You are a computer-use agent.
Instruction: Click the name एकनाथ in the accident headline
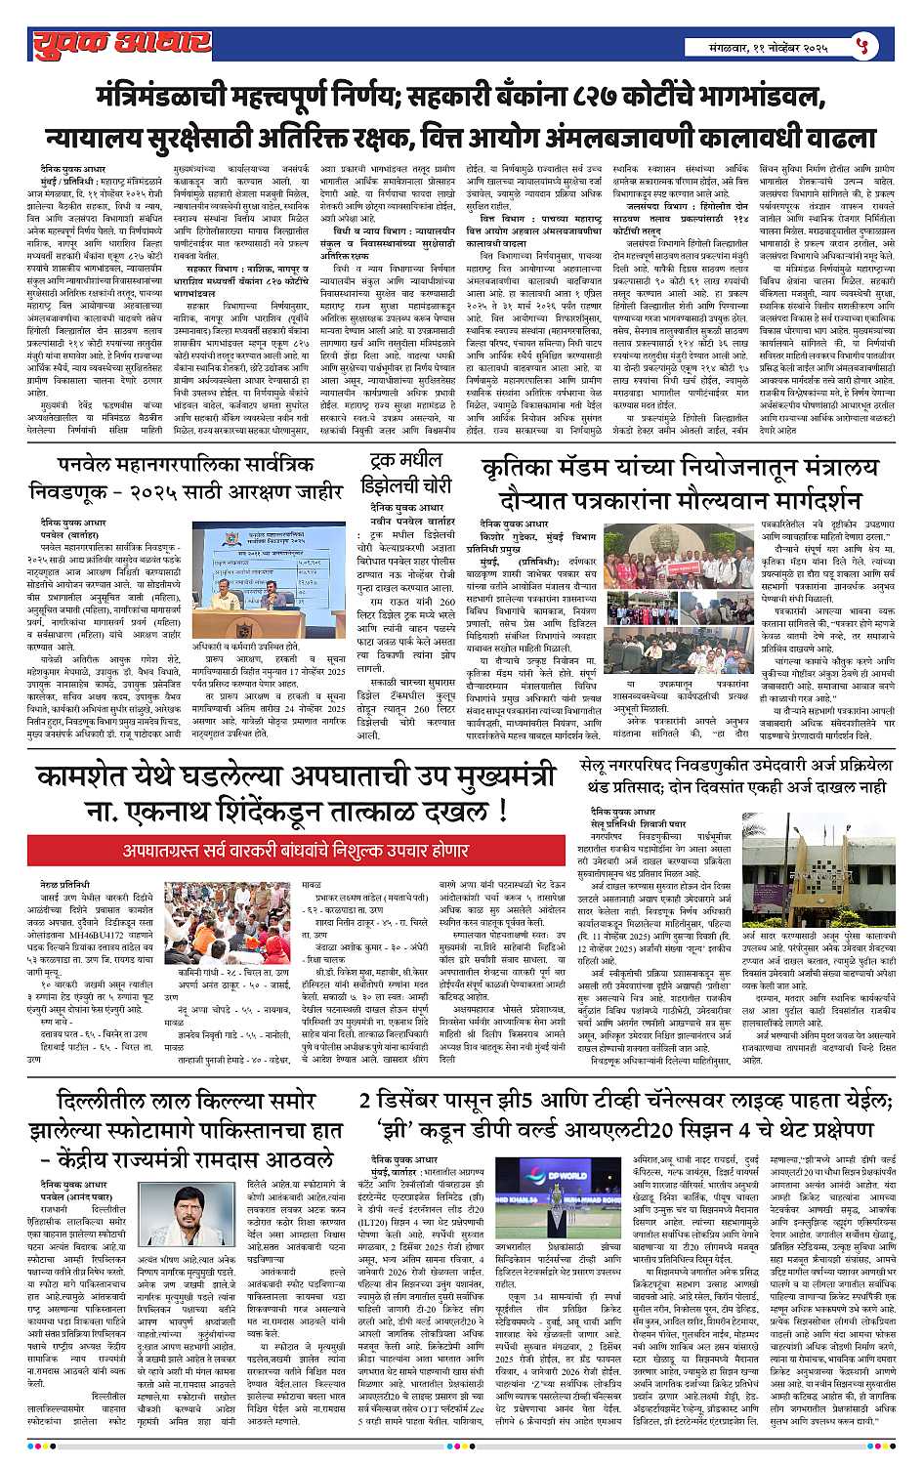click(122, 810)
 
